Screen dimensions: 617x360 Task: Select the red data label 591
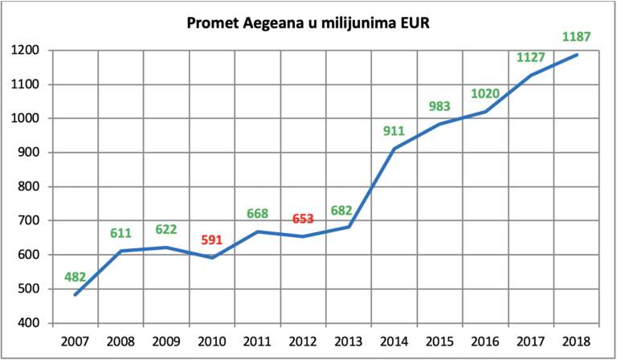212,240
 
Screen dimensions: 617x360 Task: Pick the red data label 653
303,219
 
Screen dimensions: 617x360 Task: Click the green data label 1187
577,37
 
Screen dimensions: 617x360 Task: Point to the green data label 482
76,277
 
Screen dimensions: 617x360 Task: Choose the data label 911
394,131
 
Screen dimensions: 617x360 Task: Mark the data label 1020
485,94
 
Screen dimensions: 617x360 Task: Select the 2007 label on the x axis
76,341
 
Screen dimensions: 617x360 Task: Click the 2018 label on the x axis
577,341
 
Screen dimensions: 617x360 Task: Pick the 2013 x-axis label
349,341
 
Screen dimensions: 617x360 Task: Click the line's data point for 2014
394,149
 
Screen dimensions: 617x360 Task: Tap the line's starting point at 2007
76,295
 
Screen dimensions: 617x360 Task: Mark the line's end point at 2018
577,55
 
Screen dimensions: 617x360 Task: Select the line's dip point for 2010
212,258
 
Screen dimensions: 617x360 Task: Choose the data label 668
257,214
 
